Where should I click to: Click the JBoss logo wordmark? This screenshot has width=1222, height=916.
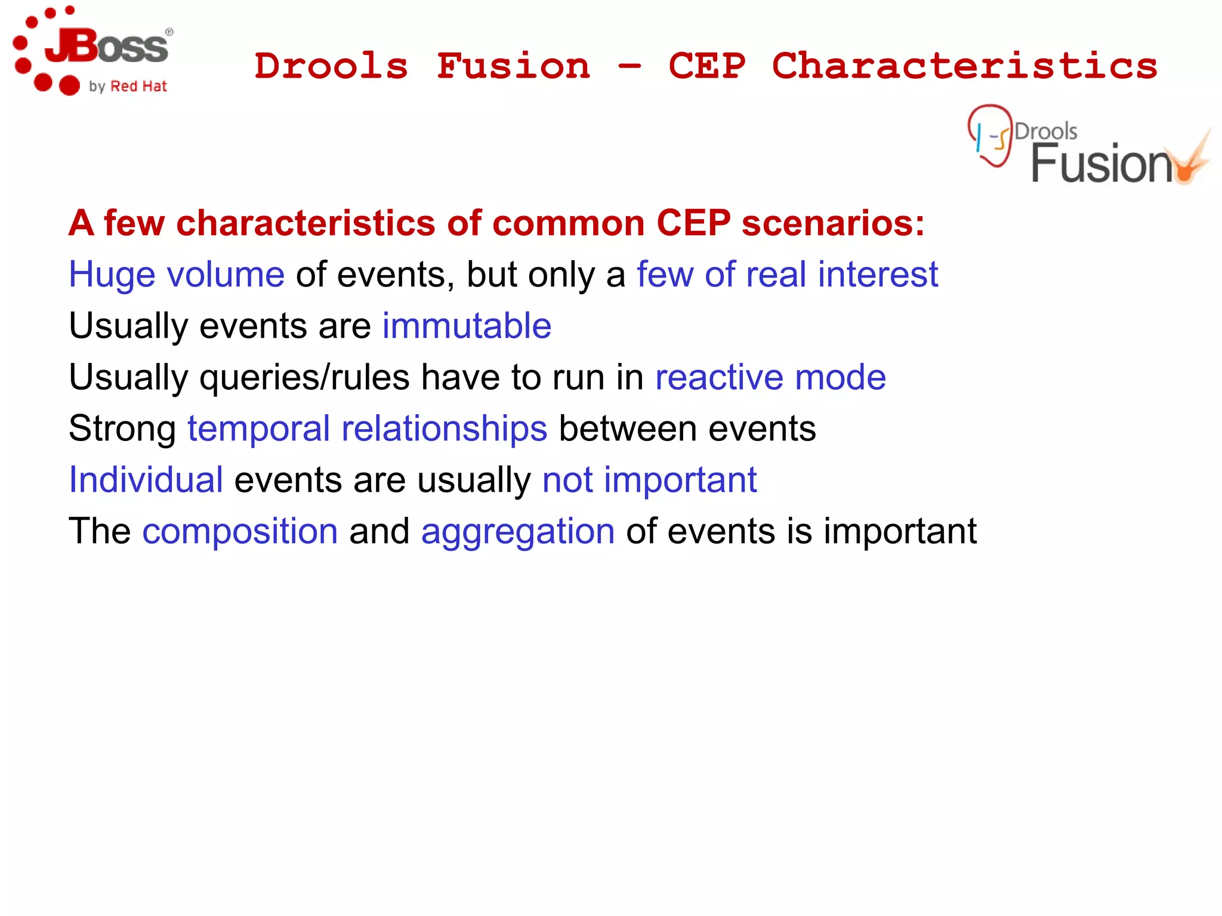tap(107, 47)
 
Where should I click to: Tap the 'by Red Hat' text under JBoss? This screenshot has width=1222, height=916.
tap(128, 87)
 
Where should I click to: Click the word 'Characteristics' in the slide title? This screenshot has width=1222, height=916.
tap(964, 66)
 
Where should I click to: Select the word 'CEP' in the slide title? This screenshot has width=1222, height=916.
tap(707, 66)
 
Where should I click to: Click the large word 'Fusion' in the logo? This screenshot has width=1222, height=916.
tap(1101, 164)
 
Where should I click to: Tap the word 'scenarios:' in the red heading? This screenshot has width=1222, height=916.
tap(833, 223)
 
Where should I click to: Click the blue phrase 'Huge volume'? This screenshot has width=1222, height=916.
tap(177, 275)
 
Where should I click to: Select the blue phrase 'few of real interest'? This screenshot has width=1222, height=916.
tap(787, 275)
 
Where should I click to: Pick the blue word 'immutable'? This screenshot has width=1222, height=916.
tap(467, 326)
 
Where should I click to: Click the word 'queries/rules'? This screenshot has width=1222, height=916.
tap(304, 378)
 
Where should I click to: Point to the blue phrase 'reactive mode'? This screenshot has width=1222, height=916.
tap(770, 378)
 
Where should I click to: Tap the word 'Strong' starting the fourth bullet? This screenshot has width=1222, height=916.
tap(122, 429)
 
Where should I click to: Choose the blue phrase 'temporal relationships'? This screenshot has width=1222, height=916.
tap(367, 429)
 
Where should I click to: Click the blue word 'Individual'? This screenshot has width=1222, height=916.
tap(146, 480)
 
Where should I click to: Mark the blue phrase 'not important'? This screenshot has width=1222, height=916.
tap(649, 480)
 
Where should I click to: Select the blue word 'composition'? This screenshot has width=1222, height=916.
tap(240, 532)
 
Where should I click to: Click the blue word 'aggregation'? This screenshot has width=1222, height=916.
tap(517, 532)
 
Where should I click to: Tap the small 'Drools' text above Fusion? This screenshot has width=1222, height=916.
tap(1045, 131)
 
